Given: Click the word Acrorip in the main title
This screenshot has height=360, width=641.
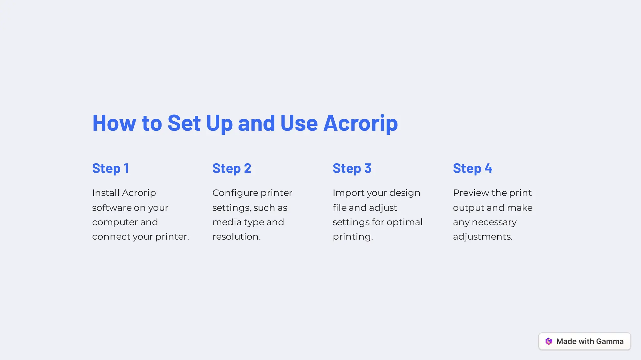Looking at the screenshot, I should click(360, 123).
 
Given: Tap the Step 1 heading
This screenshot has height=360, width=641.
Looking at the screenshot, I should click(110, 169).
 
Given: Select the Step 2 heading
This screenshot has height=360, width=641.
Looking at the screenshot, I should click(232, 169).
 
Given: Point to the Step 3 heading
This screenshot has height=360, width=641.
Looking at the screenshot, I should click(352, 169).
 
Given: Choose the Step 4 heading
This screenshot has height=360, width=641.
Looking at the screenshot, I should click(472, 169).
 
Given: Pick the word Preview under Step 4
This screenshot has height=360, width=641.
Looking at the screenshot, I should click(471, 193).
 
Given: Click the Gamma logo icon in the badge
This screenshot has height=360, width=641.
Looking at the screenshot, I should click(549, 341).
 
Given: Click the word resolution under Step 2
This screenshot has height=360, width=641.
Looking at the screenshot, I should click(236, 236).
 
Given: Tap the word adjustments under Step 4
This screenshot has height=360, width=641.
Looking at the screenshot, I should click(482, 236).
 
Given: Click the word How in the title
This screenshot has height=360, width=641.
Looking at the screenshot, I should click(114, 123).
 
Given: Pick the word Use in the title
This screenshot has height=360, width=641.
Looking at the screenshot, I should click(299, 123).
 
